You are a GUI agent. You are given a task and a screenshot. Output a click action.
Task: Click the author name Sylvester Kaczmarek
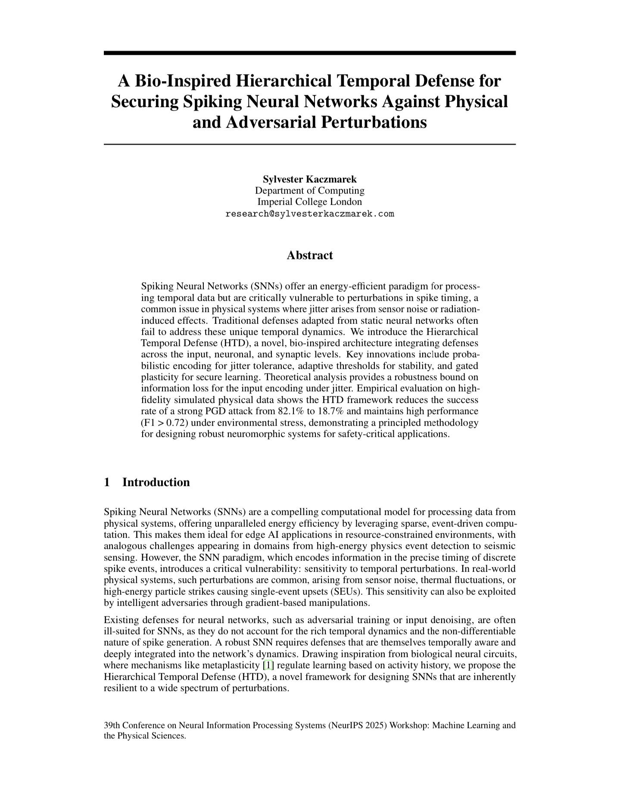(309, 179)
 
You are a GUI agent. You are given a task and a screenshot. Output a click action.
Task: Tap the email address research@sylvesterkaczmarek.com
(309, 214)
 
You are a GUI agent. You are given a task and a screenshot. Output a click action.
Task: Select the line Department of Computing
(309, 190)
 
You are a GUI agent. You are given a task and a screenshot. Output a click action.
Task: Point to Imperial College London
(309, 202)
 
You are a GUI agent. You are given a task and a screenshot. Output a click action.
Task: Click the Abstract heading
(309, 255)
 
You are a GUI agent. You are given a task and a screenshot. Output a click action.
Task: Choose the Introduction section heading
(156, 482)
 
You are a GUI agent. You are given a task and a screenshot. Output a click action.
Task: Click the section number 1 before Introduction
(107, 482)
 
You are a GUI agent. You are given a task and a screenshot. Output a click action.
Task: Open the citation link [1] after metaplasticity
(268, 665)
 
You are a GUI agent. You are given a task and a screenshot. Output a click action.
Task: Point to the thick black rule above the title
(309, 53)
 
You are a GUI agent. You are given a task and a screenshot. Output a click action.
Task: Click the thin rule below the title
(309, 144)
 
